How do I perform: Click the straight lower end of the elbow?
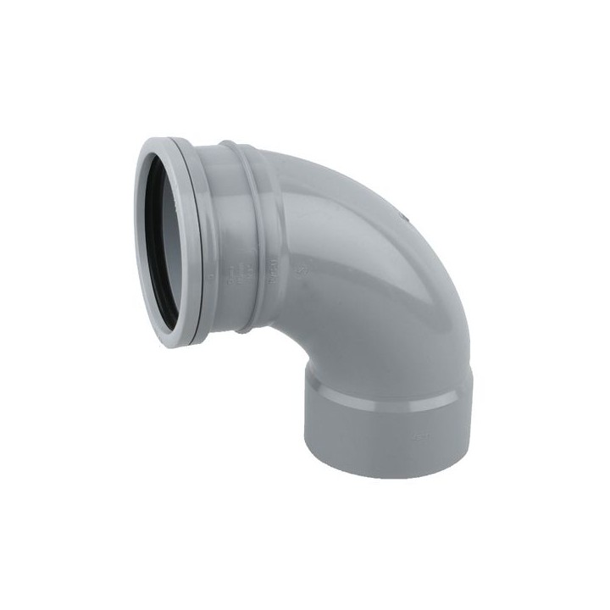381,432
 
